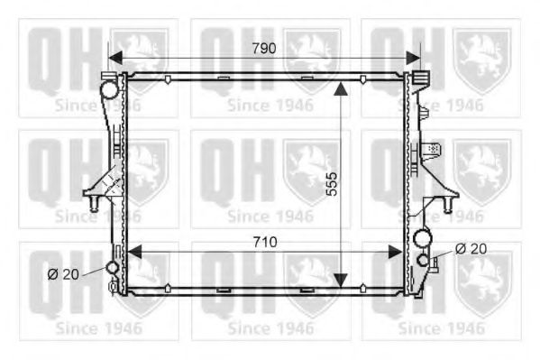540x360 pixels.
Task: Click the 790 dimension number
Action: [x=264, y=49]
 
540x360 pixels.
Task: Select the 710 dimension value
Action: [x=265, y=242]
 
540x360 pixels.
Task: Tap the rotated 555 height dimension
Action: [x=332, y=184]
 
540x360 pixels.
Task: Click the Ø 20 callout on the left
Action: [x=63, y=274]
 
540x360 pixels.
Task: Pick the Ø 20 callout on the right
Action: [x=471, y=249]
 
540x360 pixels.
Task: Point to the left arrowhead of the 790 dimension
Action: [x=115, y=58]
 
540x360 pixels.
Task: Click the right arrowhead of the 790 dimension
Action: [x=413, y=58]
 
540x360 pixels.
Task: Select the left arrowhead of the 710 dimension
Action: [x=134, y=252]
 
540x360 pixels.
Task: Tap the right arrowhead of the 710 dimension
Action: [x=395, y=252]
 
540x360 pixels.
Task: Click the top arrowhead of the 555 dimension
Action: [x=341, y=89]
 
